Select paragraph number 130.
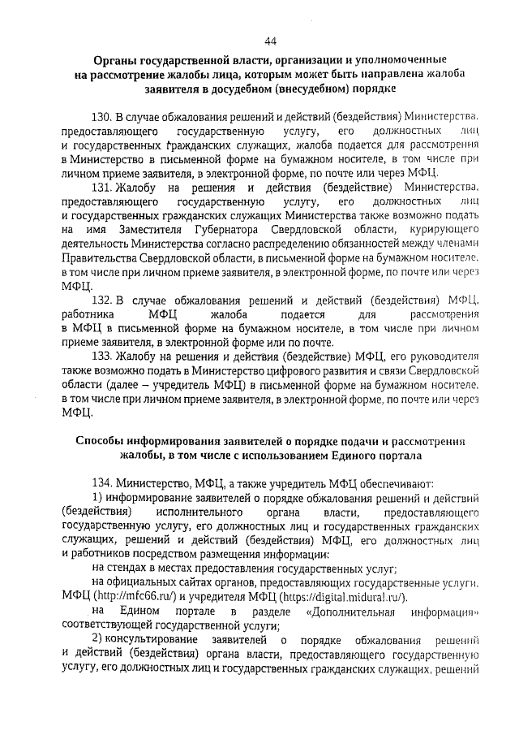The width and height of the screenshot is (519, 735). (103, 117)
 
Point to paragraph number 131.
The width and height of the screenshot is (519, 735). (103, 187)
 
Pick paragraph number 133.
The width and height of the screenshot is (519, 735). (103, 357)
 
